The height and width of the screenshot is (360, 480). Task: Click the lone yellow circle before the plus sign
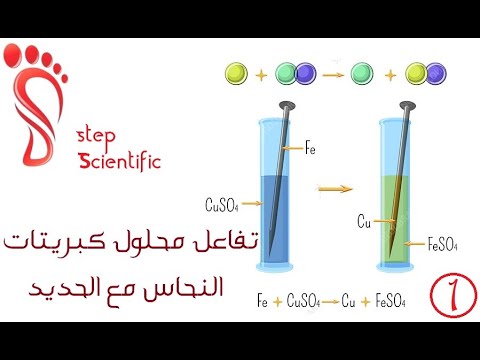pyautogui.click(x=235, y=73)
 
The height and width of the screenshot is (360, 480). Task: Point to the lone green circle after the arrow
pyautogui.click(x=363, y=73)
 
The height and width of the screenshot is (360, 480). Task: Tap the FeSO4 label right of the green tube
pyautogui.click(x=443, y=242)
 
